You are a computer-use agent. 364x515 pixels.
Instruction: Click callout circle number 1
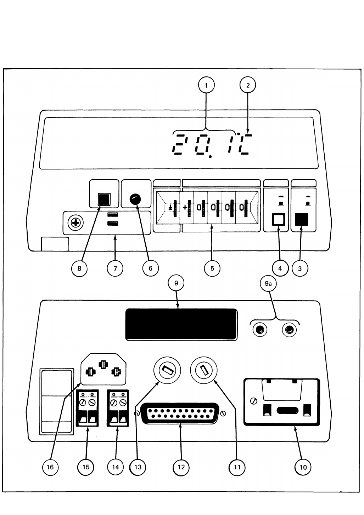point(206,85)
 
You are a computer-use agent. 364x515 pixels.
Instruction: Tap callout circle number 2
point(248,85)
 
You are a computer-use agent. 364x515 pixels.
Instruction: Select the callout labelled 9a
point(268,284)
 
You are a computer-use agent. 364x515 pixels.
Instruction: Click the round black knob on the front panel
point(135,199)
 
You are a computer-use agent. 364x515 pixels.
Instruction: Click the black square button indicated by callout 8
point(104,199)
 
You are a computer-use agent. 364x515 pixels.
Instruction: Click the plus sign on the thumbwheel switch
point(185,207)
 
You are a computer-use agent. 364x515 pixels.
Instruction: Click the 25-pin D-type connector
point(180,413)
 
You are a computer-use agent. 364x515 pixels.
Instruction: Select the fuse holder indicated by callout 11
point(204,370)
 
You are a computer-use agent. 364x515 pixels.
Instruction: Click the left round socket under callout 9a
point(260,330)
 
